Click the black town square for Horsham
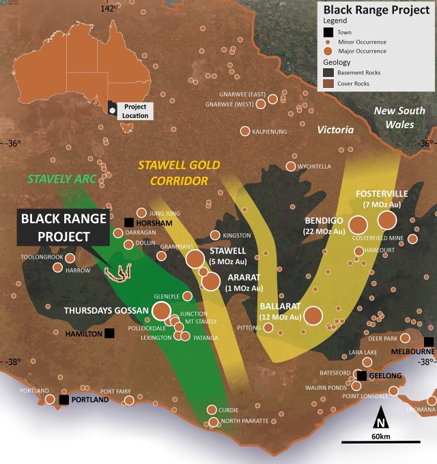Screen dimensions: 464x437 point(129,222)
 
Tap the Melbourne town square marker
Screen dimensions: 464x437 point(429,342)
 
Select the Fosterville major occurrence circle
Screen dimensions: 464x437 point(387,220)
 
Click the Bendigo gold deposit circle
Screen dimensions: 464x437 point(358,224)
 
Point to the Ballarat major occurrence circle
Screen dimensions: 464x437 point(313,315)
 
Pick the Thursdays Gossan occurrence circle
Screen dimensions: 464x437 point(161,311)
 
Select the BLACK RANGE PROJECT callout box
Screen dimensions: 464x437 point(64,227)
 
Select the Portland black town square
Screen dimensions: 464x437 point(64,400)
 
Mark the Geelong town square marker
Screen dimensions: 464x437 point(361,376)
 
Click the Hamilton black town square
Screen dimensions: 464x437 point(109,334)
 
